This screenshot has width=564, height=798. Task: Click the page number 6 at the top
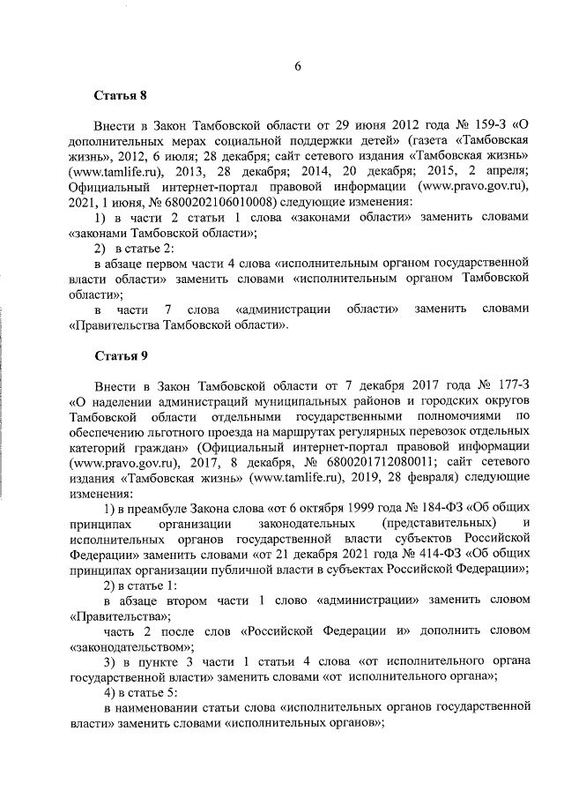click(x=298, y=67)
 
